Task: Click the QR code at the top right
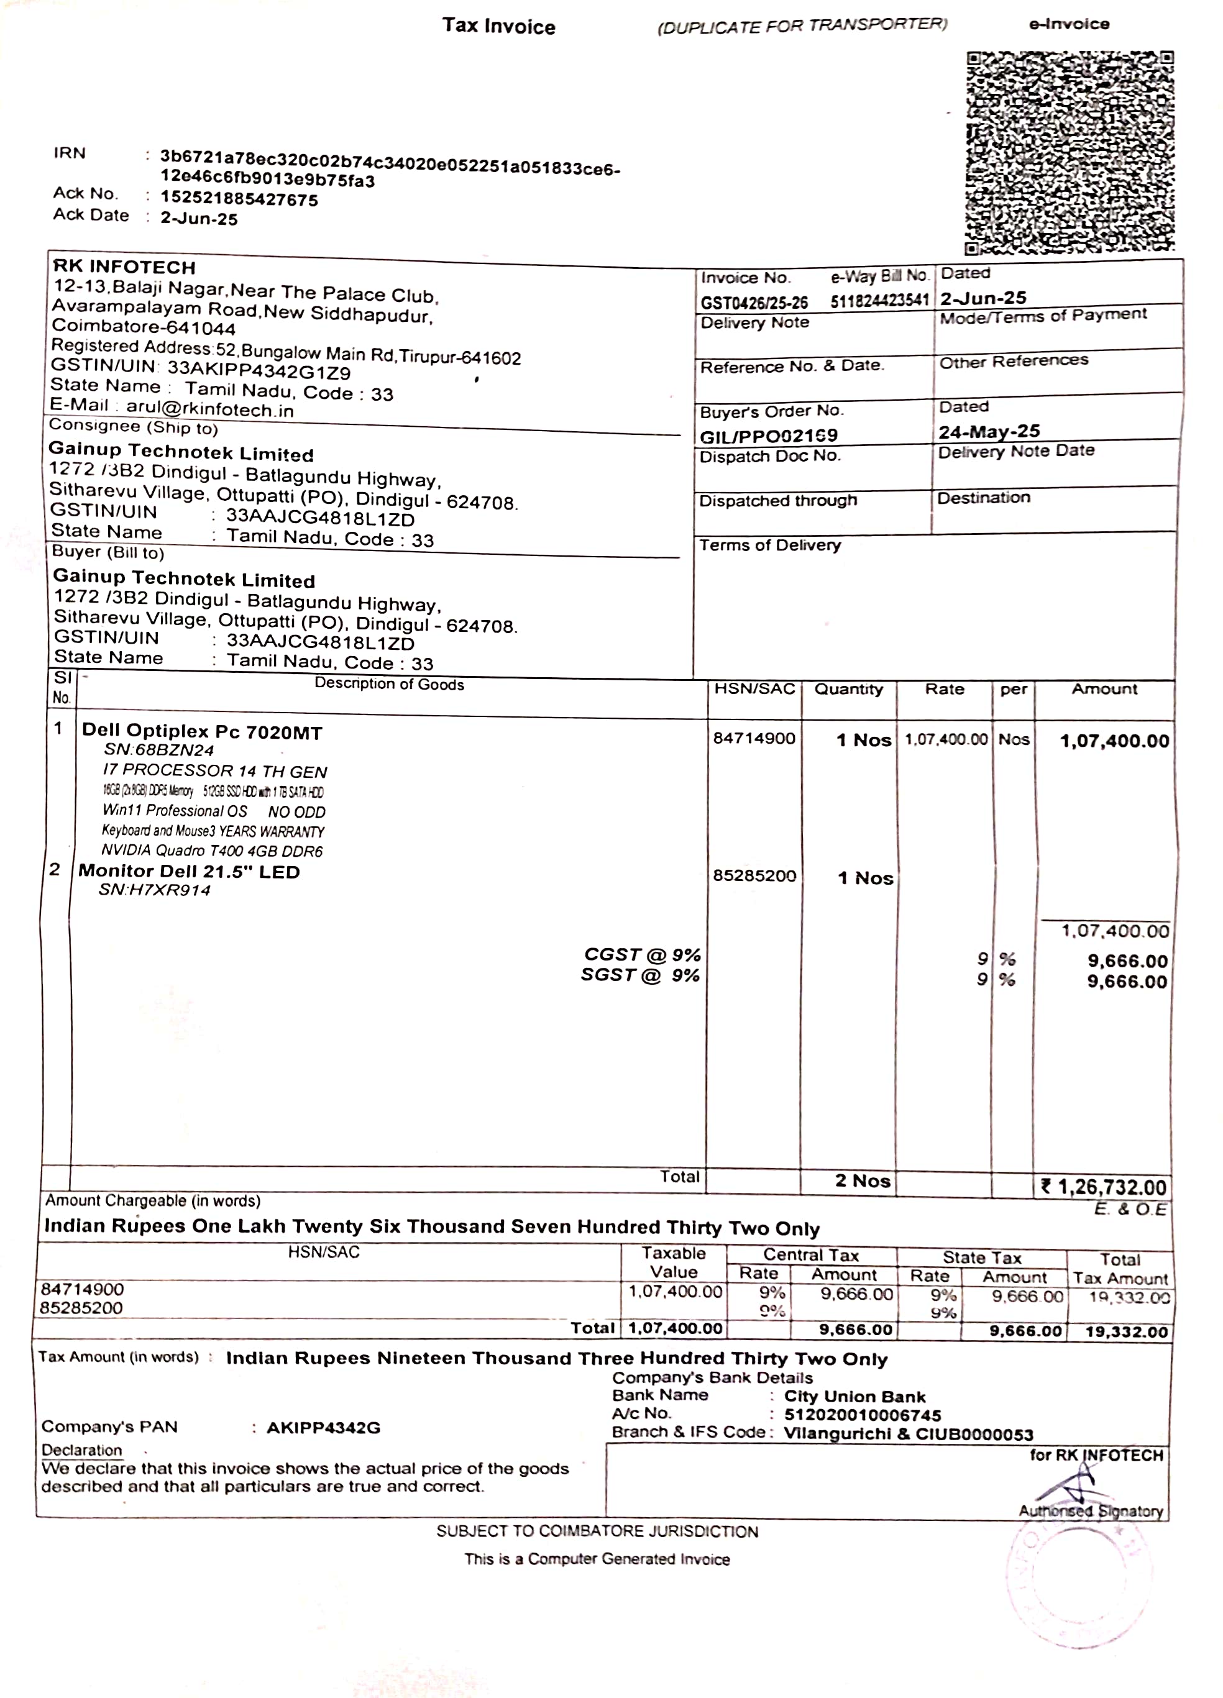click(x=1070, y=153)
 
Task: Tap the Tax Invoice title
click(x=499, y=26)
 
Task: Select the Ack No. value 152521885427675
click(x=239, y=200)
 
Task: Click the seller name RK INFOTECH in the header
click(x=124, y=267)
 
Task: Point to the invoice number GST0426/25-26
click(x=754, y=303)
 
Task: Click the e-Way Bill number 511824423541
click(x=879, y=301)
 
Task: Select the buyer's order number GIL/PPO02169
click(x=768, y=436)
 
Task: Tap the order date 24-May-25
click(x=989, y=432)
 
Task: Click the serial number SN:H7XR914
click(x=155, y=890)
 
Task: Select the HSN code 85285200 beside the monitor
click(x=754, y=876)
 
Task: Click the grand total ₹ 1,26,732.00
click(x=1104, y=1187)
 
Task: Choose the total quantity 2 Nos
click(x=863, y=1180)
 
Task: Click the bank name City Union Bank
click(x=854, y=1397)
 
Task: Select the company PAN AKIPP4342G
click(x=324, y=1428)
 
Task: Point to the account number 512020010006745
click(x=862, y=1415)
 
